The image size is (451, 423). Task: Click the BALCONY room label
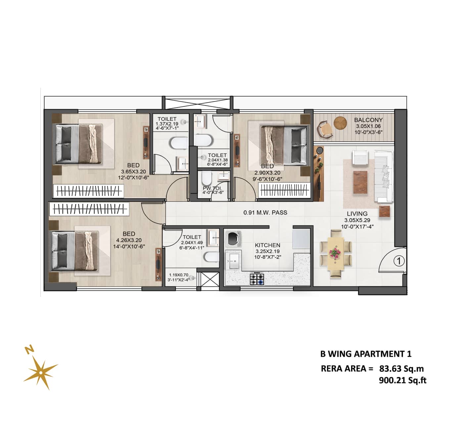click(x=368, y=120)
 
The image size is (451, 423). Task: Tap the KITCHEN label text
click(x=267, y=245)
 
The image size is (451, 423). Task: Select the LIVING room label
click(x=357, y=214)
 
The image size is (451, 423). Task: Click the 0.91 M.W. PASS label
click(x=265, y=212)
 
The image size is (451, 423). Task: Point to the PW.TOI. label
click(x=212, y=188)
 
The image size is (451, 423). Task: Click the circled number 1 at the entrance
click(x=399, y=261)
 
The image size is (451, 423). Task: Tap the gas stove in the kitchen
click(x=257, y=279)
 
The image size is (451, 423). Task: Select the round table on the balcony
click(x=340, y=123)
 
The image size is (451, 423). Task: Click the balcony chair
click(x=325, y=129)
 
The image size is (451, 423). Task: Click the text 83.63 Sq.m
click(x=401, y=369)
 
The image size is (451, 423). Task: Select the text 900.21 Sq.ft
click(x=403, y=380)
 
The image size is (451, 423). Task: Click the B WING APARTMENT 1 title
click(x=366, y=354)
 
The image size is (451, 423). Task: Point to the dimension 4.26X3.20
click(x=129, y=240)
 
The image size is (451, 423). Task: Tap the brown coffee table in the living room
click(x=360, y=183)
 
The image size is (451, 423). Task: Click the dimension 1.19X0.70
click(x=178, y=275)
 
